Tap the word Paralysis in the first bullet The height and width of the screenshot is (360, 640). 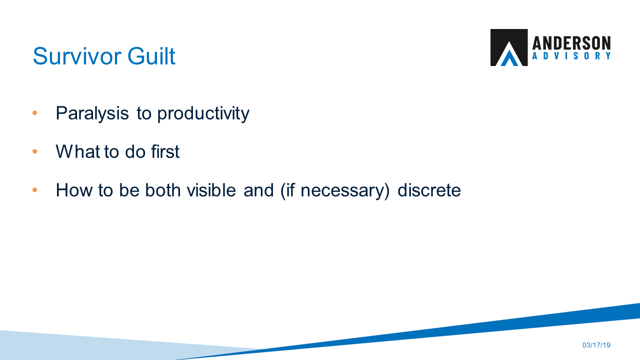92,113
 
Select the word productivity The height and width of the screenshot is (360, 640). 203,113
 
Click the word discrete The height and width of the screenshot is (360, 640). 429,190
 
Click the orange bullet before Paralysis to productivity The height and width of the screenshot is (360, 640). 35,113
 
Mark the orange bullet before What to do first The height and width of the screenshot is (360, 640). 35,151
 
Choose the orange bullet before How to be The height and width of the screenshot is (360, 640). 35,190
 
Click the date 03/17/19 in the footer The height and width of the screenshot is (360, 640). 596,345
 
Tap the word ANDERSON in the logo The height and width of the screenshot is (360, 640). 571,43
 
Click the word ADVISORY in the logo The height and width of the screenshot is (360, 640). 571,56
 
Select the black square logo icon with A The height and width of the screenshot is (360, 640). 508,47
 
